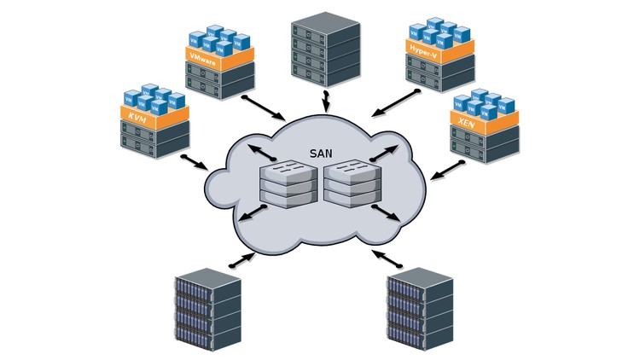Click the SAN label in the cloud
click(x=320, y=154)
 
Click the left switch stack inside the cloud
click(x=288, y=185)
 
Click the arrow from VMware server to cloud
click(x=264, y=107)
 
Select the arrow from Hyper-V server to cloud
click(x=393, y=102)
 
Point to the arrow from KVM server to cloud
click(x=195, y=162)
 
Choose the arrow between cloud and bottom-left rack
click(x=241, y=259)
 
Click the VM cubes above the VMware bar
click(x=218, y=38)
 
